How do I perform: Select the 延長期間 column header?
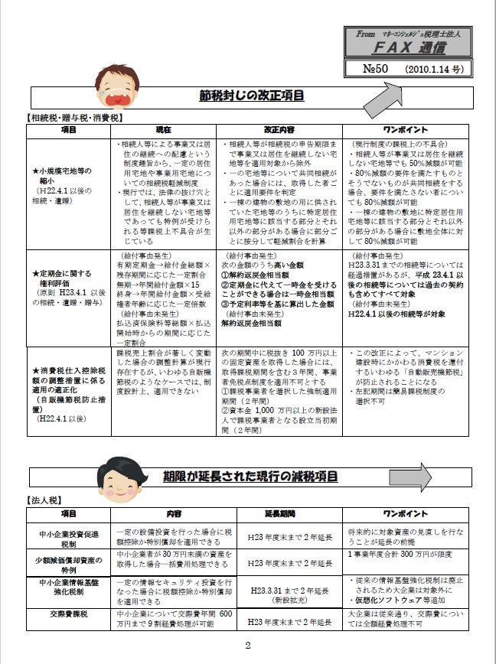coord(280,513)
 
